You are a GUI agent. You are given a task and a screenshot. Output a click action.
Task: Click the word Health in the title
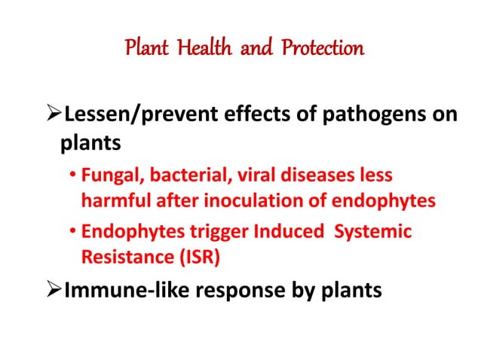(203, 50)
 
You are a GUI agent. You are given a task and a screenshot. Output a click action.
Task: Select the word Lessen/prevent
(130, 117)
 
